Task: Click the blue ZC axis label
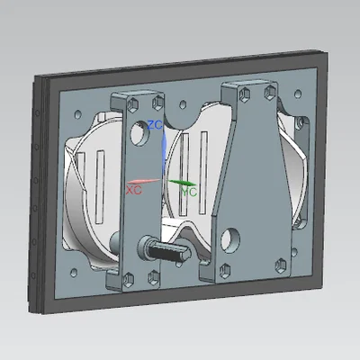[155, 125]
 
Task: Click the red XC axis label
[133, 190]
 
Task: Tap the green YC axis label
[190, 192]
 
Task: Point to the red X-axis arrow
[144, 181]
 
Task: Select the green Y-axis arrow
[183, 183]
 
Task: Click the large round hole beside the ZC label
[140, 133]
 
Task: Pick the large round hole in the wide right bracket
[230, 239]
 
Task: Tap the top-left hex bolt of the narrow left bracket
[133, 104]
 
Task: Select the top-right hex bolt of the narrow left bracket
[157, 103]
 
